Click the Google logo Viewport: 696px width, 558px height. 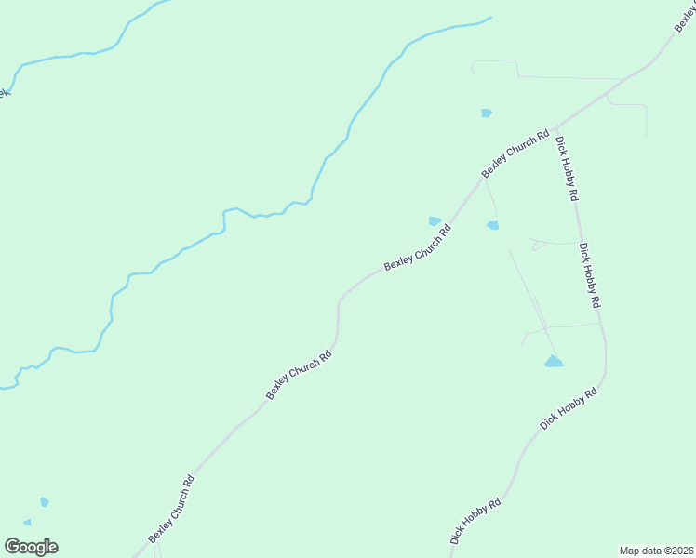coord(31,547)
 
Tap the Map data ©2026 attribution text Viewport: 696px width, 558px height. coord(656,551)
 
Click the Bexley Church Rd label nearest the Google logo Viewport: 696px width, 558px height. coord(171,510)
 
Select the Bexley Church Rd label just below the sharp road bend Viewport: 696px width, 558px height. coord(299,375)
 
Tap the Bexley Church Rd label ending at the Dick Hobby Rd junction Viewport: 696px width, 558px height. coord(515,153)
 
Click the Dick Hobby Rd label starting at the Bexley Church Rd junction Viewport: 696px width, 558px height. coord(568,169)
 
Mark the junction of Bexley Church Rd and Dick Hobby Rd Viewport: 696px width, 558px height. coord(553,129)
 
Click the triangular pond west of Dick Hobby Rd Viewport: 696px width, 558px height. coord(555,361)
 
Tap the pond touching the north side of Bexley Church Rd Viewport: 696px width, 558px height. coord(435,220)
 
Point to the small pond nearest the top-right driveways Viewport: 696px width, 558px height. coord(486,113)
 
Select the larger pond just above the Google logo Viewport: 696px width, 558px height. coord(44,502)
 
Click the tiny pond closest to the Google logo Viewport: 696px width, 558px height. coord(27,523)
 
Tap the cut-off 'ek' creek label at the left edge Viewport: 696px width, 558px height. coord(5,93)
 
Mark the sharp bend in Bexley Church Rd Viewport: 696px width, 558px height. coord(340,300)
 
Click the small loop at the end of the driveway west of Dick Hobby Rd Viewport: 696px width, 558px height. coord(536,246)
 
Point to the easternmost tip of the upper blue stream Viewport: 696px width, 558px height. coord(490,17)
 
